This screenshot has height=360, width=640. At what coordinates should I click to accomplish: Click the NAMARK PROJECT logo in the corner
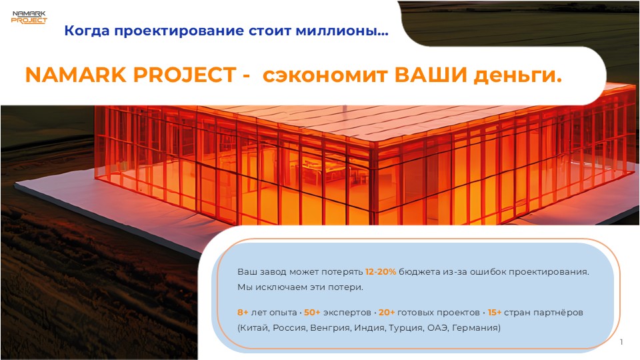coord(29,17)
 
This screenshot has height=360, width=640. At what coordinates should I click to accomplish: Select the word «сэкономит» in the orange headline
coord(325,75)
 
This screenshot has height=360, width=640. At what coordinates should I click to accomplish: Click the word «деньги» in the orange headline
coord(513,76)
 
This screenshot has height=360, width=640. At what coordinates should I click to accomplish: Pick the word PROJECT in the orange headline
coord(185,75)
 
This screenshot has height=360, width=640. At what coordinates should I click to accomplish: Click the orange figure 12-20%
coord(381,272)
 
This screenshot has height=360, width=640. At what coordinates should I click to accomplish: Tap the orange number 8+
coord(243,313)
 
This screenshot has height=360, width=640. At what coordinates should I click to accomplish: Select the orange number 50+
coord(312,313)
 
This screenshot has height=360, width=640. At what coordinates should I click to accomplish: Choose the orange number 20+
coord(387,313)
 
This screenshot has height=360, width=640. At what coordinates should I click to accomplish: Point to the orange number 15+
coord(494,313)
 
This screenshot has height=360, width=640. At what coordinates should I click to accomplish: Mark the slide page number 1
coord(621,342)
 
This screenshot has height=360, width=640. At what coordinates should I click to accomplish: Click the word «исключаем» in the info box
coord(279,287)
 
